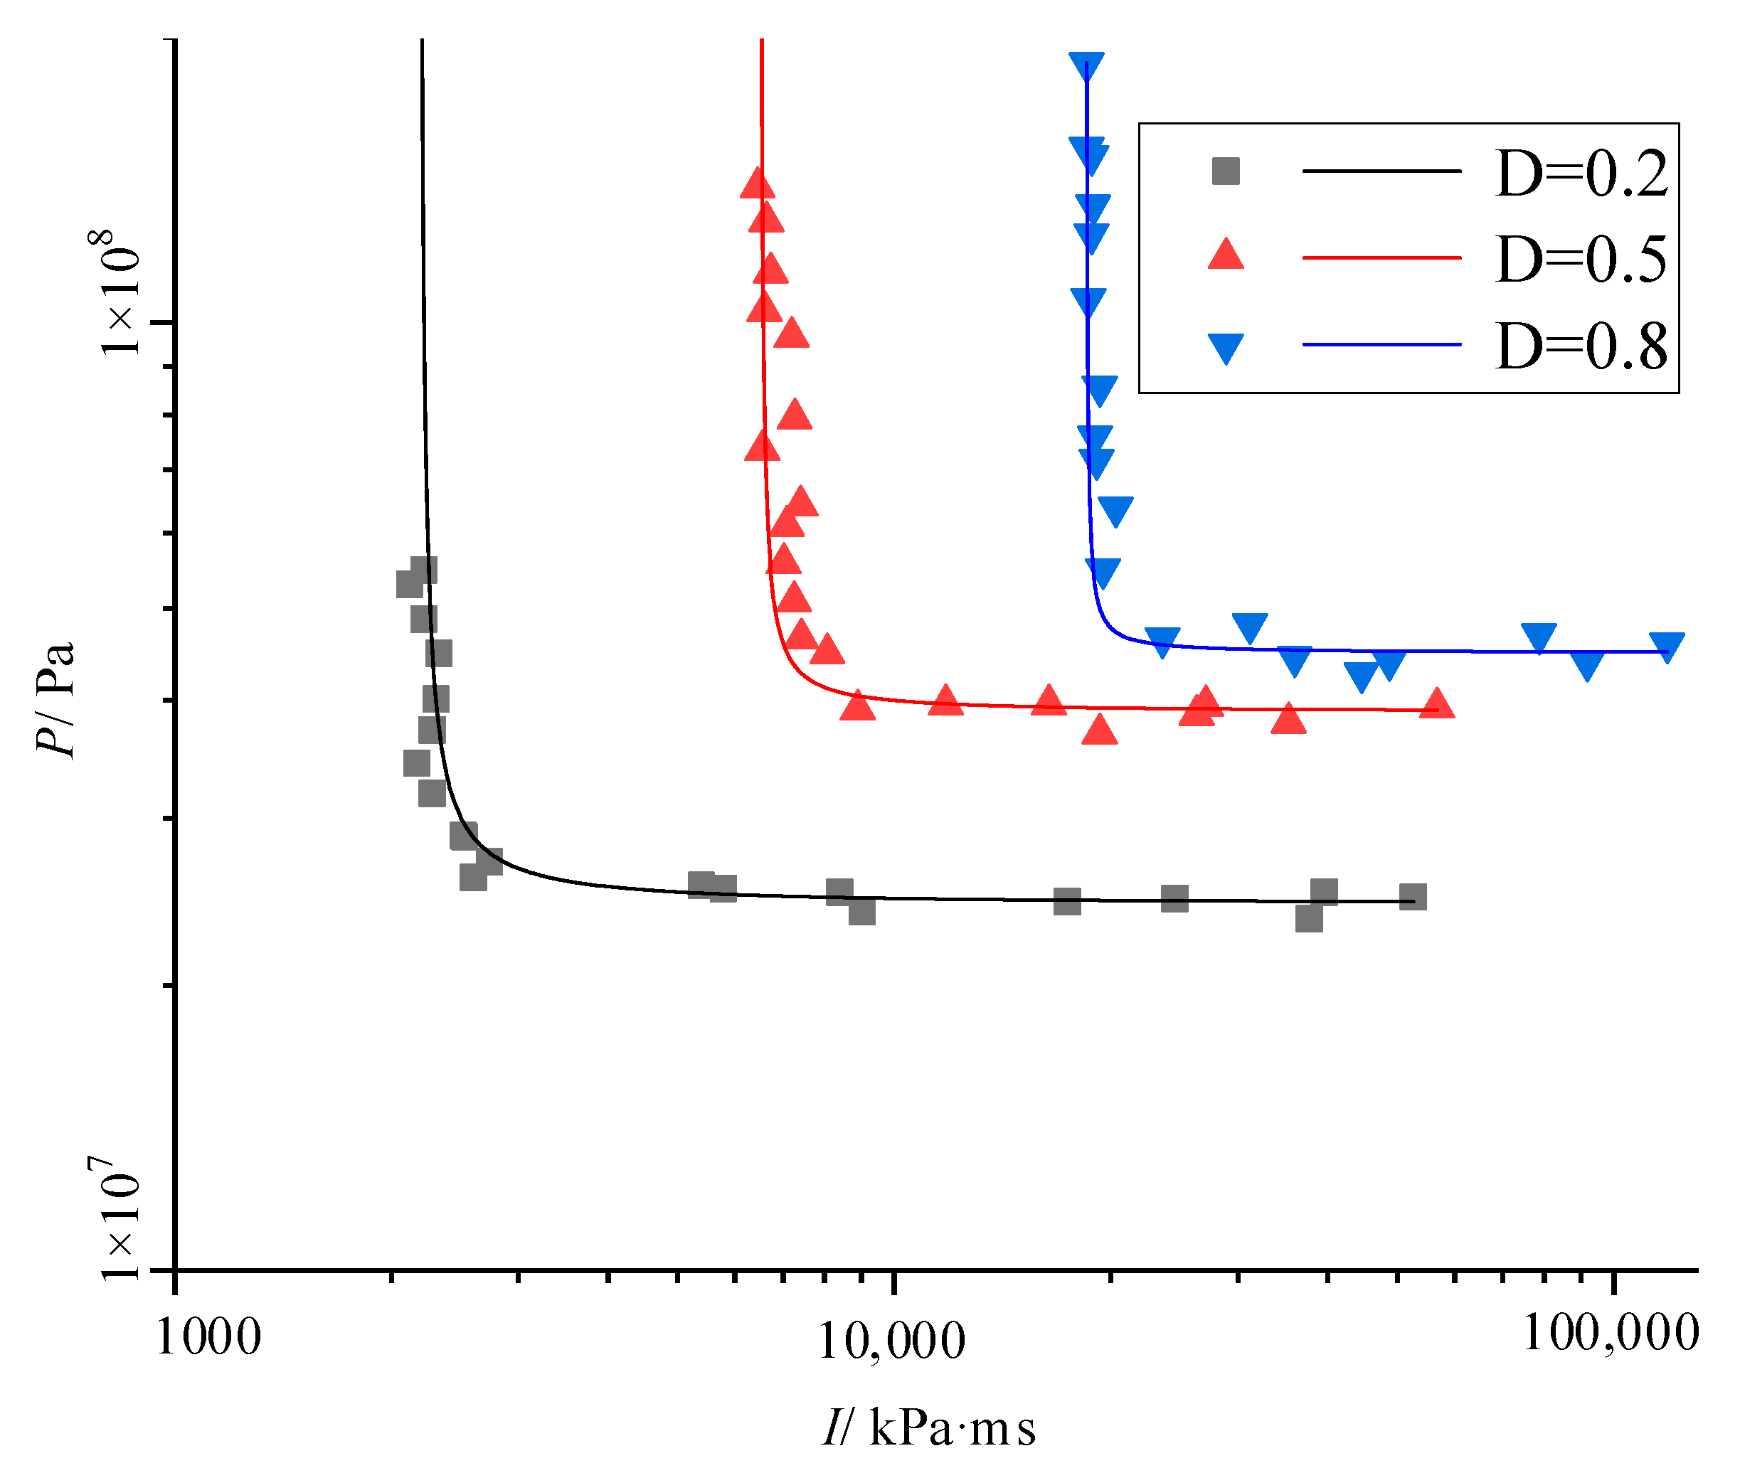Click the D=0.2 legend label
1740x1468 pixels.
coord(1581,174)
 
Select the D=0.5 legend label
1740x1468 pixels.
coord(1581,260)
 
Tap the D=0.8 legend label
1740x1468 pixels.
coord(1581,346)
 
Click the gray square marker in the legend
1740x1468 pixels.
coord(1226,171)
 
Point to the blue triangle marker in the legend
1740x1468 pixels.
coord(1226,346)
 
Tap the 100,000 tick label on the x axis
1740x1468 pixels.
coord(1611,1333)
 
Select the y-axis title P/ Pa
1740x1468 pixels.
coord(57,698)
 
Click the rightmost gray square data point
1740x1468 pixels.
coord(1413,897)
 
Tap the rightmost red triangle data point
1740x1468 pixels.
coord(1437,704)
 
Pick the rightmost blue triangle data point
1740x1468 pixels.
coord(1667,646)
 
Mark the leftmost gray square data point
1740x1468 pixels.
coord(410,584)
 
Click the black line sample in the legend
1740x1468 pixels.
coord(1381,171)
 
